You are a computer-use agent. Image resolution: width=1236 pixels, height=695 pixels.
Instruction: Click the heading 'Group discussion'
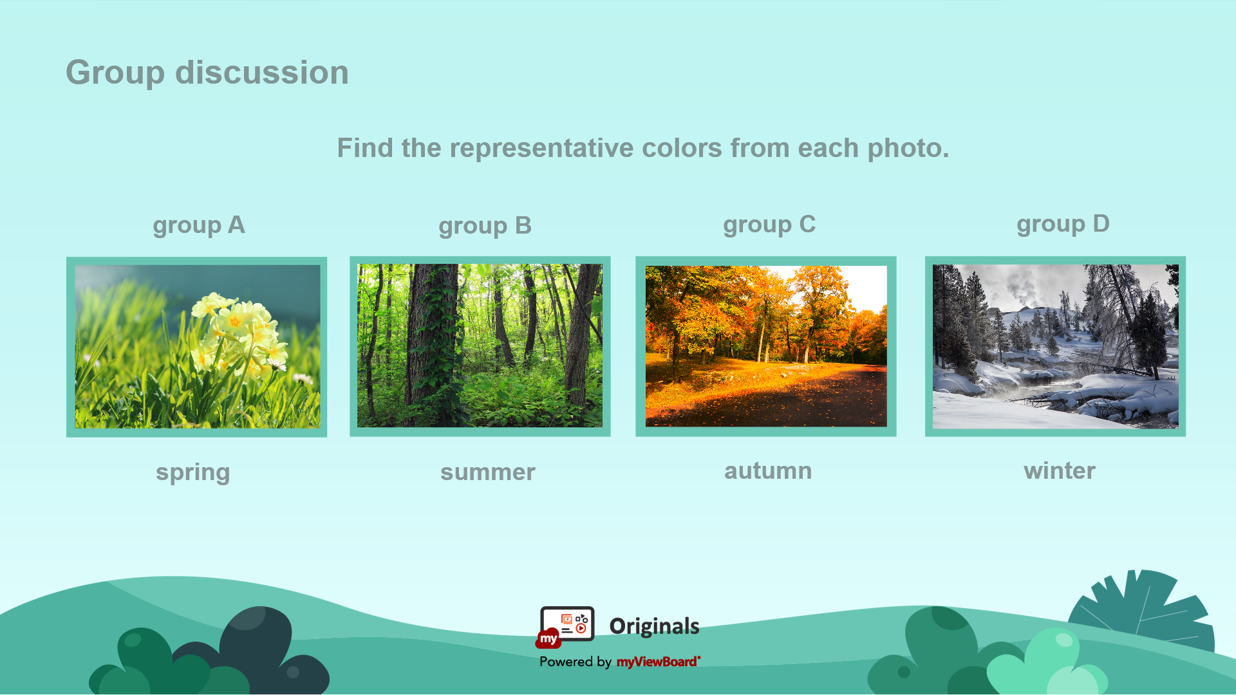207,73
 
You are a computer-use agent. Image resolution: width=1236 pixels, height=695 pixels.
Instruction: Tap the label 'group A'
199,225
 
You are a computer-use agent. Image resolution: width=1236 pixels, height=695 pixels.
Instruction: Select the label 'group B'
485,226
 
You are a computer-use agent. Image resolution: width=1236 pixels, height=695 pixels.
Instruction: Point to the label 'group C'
769,225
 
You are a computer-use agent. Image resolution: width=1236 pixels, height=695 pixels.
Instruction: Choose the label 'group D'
1063,224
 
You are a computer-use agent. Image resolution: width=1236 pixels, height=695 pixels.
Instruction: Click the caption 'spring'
192,473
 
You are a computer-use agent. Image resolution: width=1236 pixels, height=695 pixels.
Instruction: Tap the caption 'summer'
487,472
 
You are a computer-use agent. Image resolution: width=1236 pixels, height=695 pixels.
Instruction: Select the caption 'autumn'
768,471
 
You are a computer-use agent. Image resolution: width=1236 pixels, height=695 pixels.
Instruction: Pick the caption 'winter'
1060,471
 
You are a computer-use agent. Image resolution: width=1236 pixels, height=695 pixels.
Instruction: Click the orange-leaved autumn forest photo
766,346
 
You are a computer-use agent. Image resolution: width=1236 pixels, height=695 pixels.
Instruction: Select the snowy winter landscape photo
1056,346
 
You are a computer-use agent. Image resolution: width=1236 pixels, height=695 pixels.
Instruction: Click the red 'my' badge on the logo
548,638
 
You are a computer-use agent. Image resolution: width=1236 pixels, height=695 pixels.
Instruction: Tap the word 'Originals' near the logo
654,626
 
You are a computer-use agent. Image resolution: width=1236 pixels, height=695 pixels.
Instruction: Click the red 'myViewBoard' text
658,662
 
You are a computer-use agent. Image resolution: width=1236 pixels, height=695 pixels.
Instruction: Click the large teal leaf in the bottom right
1143,611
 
